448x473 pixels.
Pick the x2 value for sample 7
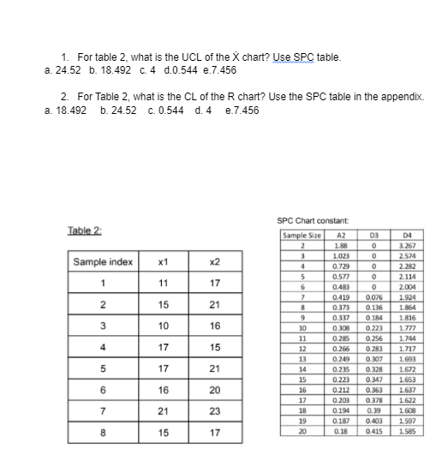coord(214,410)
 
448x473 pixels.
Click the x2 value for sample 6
coord(214,389)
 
